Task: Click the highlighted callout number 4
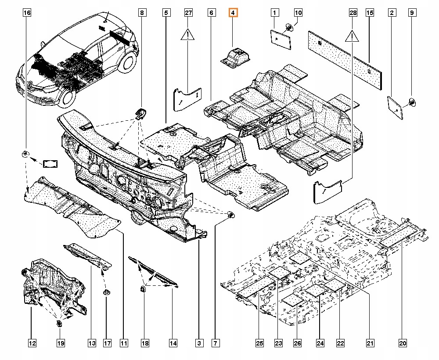[x=233, y=13]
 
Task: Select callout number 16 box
[x=27, y=13]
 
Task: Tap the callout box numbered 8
[x=142, y=13]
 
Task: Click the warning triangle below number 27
[x=188, y=35]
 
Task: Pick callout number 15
[x=370, y=13]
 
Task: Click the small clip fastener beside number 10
[x=290, y=28]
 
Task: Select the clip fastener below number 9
[x=412, y=102]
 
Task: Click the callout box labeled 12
[x=32, y=342]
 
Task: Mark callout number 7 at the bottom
[x=216, y=342]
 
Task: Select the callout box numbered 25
[x=259, y=342]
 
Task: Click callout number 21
[x=370, y=342]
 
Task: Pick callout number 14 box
[x=173, y=342]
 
